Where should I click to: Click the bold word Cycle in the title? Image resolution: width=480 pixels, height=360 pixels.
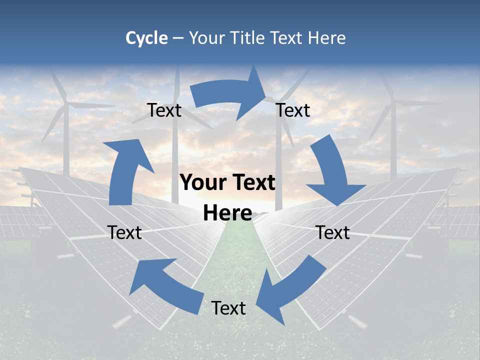(x=146, y=38)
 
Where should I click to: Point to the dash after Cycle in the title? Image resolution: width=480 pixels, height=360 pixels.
(x=178, y=38)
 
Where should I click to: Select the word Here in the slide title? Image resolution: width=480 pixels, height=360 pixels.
(x=327, y=38)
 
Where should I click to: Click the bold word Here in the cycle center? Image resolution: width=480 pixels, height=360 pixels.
(x=227, y=213)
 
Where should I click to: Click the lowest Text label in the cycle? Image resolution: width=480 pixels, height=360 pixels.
(x=228, y=308)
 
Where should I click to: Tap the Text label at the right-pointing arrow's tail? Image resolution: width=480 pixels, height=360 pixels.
(x=164, y=110)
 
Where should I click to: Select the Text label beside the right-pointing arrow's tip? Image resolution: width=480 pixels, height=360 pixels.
(x=293, y=110)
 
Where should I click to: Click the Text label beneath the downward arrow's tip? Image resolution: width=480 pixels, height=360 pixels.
(x=333, y=232)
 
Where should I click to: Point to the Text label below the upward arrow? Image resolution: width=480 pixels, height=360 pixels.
(x=124, y=232)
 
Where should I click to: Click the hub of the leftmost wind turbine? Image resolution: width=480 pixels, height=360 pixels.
(x=65, y=104)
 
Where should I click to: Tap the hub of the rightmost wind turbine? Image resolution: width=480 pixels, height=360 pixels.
(x=393, y=102)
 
